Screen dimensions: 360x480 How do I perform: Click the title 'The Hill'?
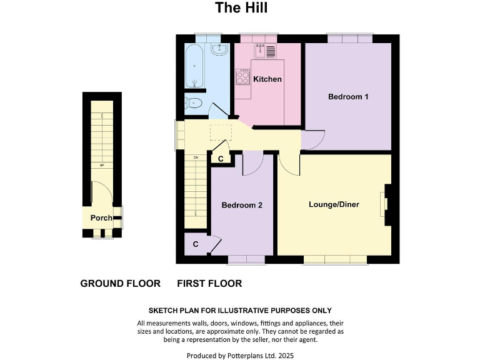click(x=241, y=8)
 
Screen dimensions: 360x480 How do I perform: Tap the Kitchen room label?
click(x=267, y=79)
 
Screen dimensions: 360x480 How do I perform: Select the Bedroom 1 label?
click(x=348, y=97)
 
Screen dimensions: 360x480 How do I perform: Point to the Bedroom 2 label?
click(x=242, y=205)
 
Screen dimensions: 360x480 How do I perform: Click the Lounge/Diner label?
click(x=334, y=204)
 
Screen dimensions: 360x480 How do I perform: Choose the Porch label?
click(x=101, y=218)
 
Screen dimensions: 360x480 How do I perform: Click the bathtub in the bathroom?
click(x=195, y=67)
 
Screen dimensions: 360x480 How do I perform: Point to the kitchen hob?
click(x=242, y=77)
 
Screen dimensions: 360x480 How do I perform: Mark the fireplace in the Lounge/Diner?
click(x=386, y=204)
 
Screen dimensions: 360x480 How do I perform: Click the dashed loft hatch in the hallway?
click(x=221, y=132)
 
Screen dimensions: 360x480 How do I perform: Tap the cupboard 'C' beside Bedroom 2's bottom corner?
click(x=196, y=244)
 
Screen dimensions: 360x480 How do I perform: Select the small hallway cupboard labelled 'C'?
click(x=220, y=159)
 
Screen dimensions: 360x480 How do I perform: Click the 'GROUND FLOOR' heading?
click(x=120, y=284)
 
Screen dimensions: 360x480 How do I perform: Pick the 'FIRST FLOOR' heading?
click(x=209, y=284)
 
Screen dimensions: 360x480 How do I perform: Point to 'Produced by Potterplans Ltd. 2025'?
click(x=240, y=355)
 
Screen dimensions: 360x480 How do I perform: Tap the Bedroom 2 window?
click(x=246, y=259)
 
